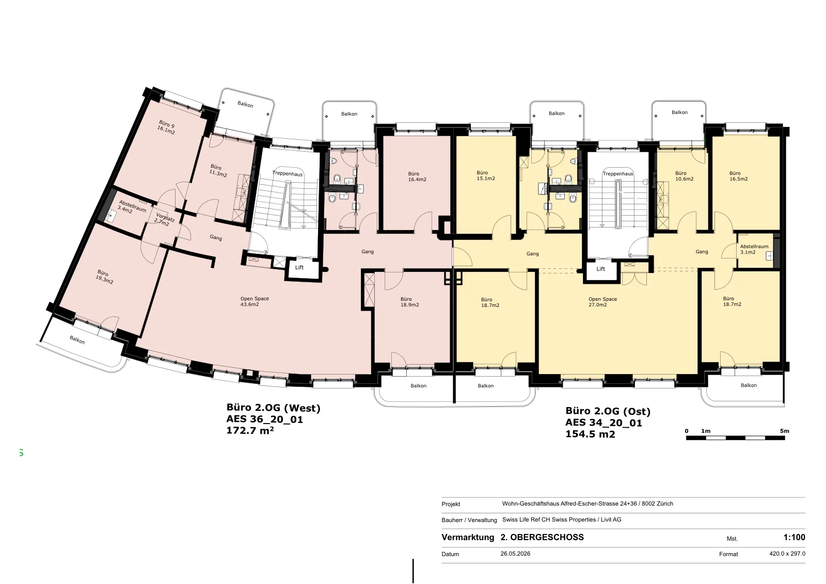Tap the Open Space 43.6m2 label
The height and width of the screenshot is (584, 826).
click(255, 301)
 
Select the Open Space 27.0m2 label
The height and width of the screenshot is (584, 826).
click(602, 302)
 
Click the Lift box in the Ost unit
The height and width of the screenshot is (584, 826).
click(601, 269)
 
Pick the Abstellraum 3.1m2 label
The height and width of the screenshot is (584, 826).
click(754, 250)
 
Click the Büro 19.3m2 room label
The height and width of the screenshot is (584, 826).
click(104, 277)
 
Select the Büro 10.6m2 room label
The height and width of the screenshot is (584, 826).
click(684, 176)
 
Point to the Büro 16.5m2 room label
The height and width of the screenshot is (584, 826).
click(738, 176)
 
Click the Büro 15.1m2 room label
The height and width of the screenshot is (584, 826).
click(486, 175)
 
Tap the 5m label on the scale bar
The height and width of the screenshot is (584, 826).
click(784, 431)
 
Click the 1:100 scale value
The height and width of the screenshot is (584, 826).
click(795, 537)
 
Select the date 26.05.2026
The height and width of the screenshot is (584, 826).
click(515, 554)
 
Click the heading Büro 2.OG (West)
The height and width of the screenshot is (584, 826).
click(273, 408)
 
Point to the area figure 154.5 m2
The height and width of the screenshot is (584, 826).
click(590, 434)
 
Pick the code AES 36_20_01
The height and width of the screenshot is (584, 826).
click(264, 419)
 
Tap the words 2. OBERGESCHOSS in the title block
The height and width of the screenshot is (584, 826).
click(542, 537)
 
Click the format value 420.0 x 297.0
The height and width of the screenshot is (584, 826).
click(787, 554)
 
